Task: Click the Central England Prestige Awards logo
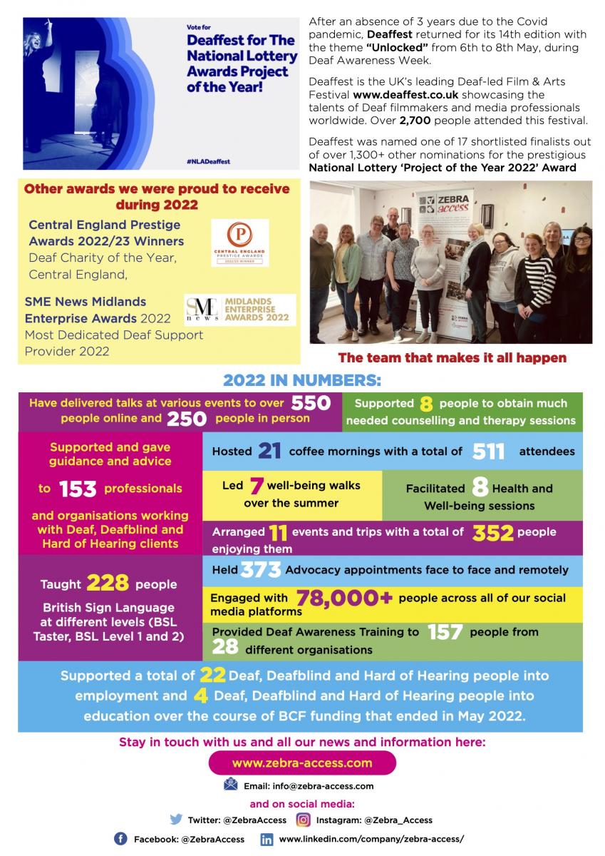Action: (240, 243)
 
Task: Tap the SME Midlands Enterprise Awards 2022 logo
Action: (240, 310)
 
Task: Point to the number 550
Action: (311, 403)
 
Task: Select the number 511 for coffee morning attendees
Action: (487, 451)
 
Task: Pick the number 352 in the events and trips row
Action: (494, 532)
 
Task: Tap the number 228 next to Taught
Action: (108, 584)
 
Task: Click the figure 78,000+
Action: (344, 598)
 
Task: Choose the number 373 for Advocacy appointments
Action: (261, 569)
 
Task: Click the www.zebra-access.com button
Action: (302, 763)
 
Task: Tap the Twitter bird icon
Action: (176, 820)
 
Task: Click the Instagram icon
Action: (304, 820)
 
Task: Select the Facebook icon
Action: (120, 839)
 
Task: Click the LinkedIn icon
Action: (267, 839)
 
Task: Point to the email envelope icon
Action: (230, 785)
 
